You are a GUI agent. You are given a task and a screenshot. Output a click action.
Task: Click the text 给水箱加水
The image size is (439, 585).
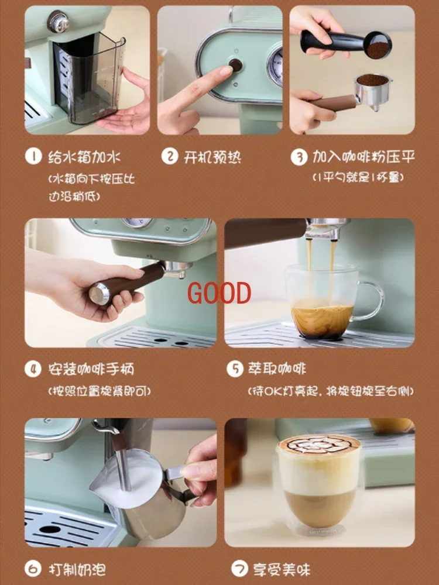(x=84, y=157)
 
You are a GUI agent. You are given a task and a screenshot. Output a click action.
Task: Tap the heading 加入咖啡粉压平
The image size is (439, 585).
(x=363, y=157)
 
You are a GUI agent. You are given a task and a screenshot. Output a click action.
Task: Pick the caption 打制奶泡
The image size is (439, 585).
(x=76, y=569)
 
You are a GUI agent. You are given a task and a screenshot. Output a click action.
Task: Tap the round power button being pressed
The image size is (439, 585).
(x=235, y=65)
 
